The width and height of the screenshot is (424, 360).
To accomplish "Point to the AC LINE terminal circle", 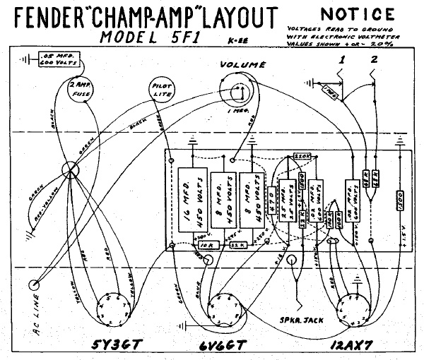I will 34,285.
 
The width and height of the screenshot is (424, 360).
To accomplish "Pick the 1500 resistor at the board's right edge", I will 400,200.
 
